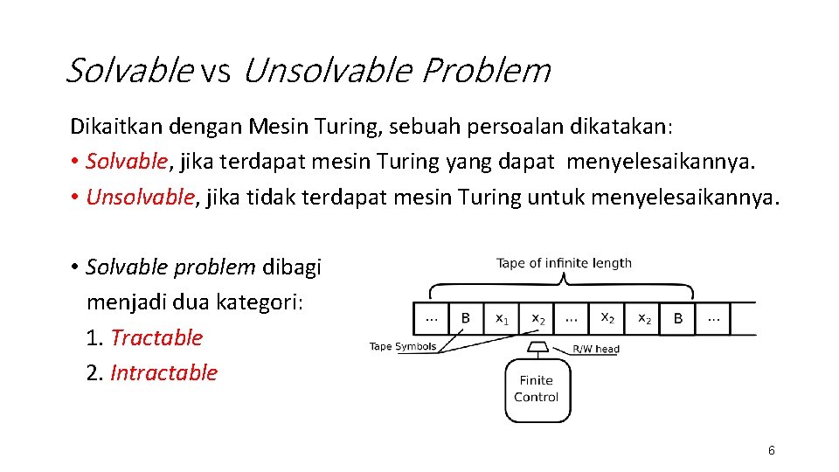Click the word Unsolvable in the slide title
click(325, 71)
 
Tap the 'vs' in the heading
click(214, 73)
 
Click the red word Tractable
click(156, 337)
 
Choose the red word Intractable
click(163, 372)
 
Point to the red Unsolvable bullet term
click(140, 197)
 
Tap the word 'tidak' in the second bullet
click(269, 197)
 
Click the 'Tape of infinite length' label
click(564, 263)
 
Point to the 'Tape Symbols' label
click(402, 347)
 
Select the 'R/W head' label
click(595, 349)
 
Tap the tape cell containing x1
click(502, 319)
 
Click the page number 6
click(771, 450)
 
